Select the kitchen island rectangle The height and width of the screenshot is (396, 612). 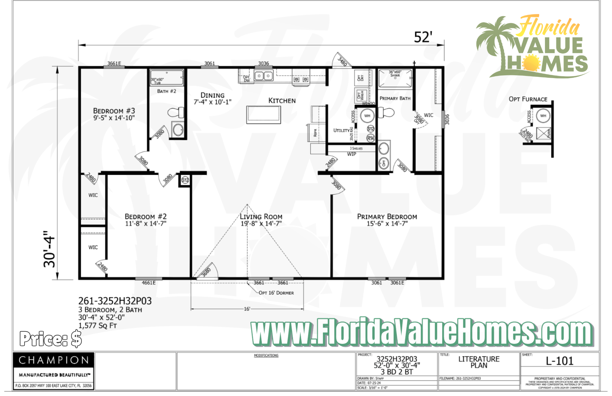[x=263, y=114]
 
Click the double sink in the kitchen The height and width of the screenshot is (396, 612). [x=263, y=75]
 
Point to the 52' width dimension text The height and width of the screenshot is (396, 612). [x=423, y=37]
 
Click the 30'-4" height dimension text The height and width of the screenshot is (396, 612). [x=50, y=249]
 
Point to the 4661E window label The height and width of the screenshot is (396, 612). [x=149, y=283]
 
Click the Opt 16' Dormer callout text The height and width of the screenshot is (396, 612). [x=276, y=293]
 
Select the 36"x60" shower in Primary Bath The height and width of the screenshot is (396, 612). [x=395, y=78]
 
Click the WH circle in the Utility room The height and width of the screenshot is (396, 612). [x=367, y=116]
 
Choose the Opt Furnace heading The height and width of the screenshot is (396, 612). [x=528, y=99]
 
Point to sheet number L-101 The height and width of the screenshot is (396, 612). [x=560, y=361]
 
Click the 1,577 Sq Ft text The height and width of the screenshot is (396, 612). [x=98, y=326]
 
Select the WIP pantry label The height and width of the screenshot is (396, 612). [x=352, y=154]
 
